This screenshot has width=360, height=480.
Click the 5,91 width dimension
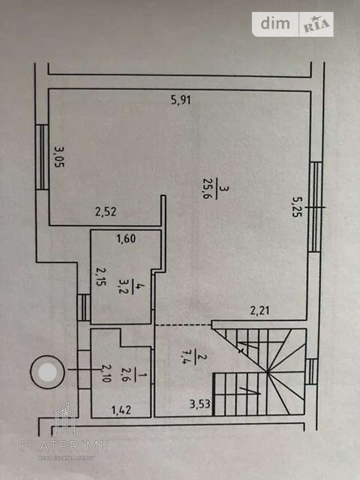(181, 100)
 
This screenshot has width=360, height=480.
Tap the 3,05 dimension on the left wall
(59, 157)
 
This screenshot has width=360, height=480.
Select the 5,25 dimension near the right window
(297, 207)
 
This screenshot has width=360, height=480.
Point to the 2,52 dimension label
(106, 211)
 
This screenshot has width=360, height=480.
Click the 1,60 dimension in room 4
(126, 238)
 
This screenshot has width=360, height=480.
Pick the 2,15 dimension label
(100, 277)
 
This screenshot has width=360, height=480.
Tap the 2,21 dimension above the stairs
(260, 310)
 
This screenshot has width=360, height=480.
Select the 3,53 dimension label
(200, 404)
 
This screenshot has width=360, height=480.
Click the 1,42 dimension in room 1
(121, 410)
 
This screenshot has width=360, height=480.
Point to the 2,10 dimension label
(106, 373)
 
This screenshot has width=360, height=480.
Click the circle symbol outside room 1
(47, 372)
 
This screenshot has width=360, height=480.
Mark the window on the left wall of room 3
(42, 157)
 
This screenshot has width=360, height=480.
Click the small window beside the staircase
(312, 372)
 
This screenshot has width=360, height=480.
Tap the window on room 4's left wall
(83, 307)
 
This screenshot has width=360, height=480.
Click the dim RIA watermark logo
(292, 24)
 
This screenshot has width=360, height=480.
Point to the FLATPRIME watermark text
(64, 445)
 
